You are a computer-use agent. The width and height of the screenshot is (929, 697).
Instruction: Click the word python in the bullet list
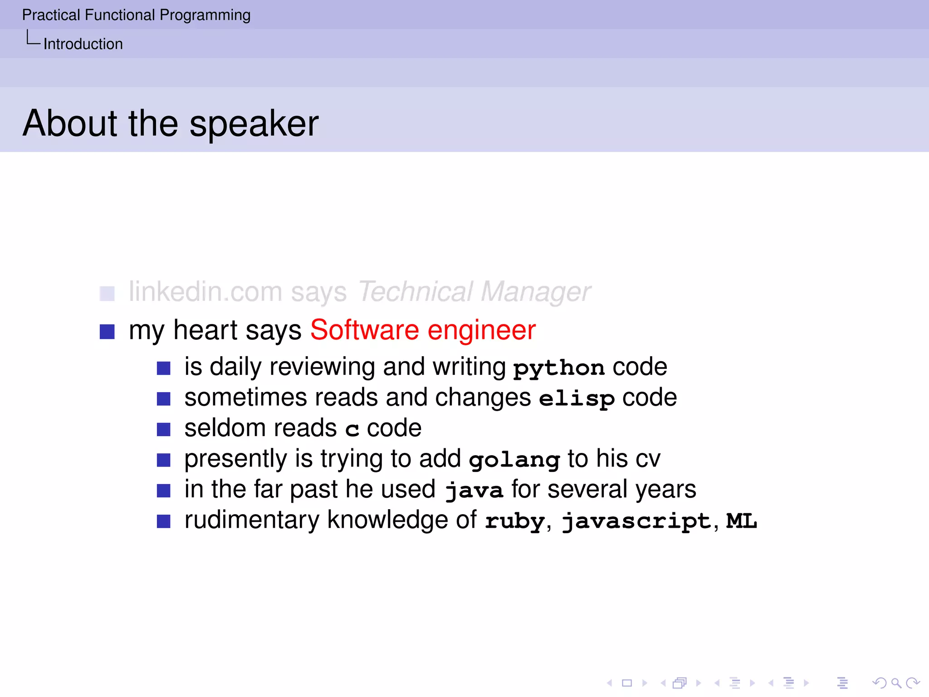558,368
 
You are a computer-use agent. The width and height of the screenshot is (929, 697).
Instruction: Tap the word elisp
576,398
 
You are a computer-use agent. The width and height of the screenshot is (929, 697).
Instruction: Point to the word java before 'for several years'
474,491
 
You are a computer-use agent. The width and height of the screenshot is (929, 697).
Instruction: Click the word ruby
514,521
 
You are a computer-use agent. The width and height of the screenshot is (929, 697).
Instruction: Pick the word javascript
636,521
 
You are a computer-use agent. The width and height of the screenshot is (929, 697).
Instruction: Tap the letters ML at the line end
741,520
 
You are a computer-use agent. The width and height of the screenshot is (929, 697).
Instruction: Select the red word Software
364,330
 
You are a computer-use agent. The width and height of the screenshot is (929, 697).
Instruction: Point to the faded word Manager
535,292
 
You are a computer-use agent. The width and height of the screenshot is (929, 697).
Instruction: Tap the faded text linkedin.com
205,291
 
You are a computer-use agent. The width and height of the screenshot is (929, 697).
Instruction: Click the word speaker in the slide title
254,124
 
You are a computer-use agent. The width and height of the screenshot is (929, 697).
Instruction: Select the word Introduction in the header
83,44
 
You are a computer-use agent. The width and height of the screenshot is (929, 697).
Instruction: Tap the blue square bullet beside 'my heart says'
107,332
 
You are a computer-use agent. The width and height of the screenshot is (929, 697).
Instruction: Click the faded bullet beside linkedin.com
107,293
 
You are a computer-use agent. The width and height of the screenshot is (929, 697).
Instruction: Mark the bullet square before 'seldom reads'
163,429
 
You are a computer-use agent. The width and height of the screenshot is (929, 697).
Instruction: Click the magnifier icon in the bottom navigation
895,682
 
